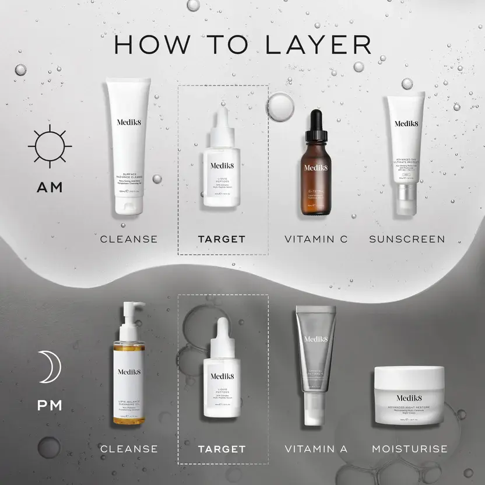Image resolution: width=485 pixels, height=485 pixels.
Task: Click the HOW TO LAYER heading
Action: point(242,45)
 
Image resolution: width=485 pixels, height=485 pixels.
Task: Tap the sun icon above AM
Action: point(50,146)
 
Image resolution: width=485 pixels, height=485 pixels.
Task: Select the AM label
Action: point(50,188)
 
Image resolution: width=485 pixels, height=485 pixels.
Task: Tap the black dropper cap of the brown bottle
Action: point(315,125)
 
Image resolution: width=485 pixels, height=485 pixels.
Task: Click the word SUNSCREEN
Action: point(407,239)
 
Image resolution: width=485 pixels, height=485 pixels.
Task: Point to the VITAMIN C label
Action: point(317,239)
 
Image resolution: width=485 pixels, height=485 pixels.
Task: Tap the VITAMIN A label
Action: point(317,449)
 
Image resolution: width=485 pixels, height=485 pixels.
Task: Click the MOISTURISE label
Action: point(410,449)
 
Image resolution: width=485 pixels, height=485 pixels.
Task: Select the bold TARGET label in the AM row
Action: point(222,239)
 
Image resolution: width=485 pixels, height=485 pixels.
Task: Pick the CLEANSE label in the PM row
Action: point(129,449)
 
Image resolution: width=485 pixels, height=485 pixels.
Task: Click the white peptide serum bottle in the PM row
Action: point(221,376)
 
